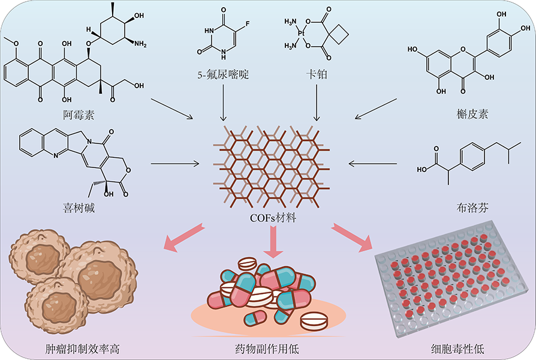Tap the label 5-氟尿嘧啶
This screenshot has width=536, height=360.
pos(223,75)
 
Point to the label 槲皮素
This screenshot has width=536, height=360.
pos(472,113)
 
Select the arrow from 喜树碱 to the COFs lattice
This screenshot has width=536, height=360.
pos(175,162)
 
